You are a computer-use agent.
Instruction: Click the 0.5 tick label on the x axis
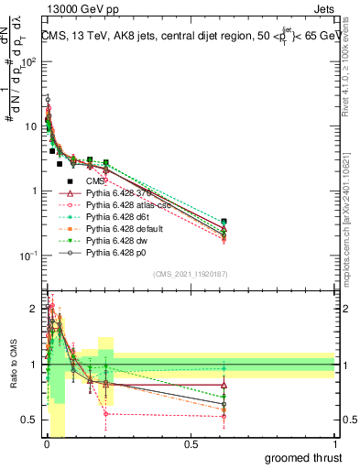coord(191,444)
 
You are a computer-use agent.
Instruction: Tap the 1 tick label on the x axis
coord(335,444)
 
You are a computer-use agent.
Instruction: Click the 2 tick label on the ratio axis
coord(33,310)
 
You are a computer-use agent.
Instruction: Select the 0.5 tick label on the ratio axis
coord(29,420)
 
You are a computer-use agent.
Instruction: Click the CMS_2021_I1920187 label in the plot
coord(191,274)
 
